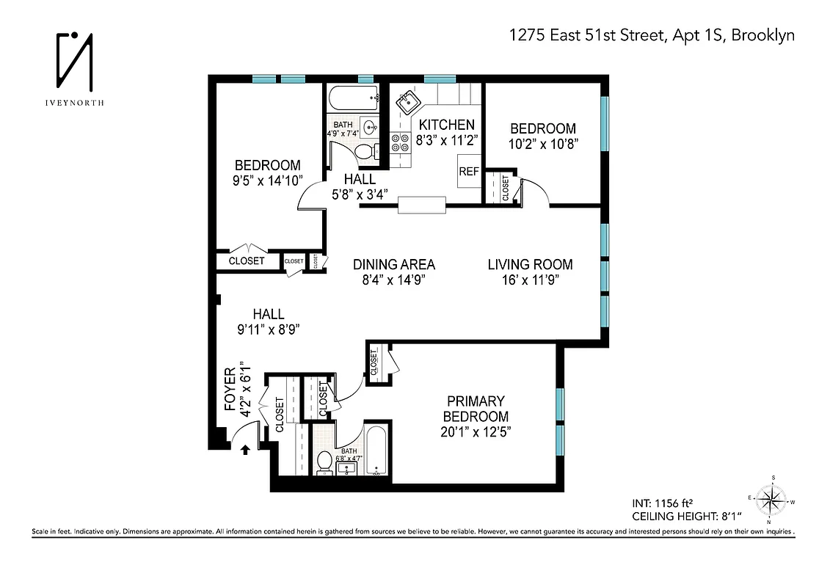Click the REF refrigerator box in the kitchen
[x=468, y=172]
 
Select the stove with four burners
[x=401, y=142]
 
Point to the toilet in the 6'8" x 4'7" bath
[x=324, y=462]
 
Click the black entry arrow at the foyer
[x=245, y=449]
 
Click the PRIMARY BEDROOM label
[x=476, y=409]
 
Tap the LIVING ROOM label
[x=530, y=264]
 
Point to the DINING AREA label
[x=394, y=264]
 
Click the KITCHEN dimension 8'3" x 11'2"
[x=446, y=139]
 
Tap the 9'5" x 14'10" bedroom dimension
[x=267, y=180]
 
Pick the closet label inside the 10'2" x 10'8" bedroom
[x=506, y=189]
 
